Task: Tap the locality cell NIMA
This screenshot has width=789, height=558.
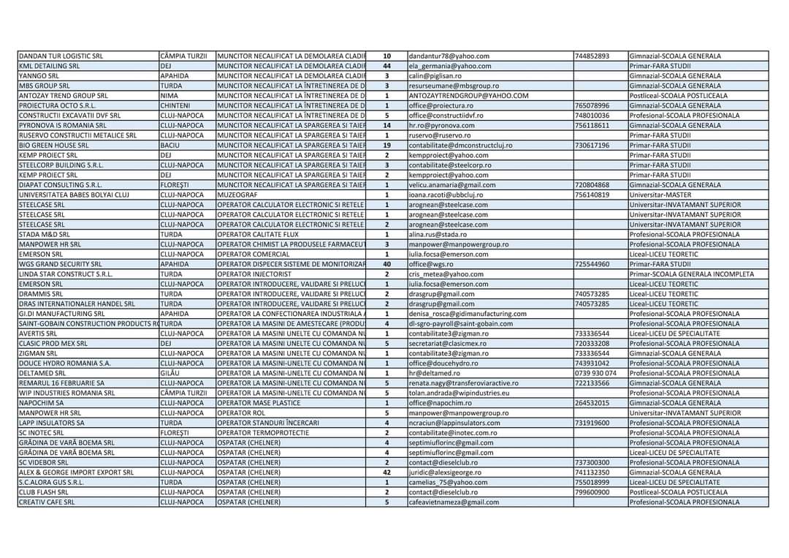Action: (x=169, y=95)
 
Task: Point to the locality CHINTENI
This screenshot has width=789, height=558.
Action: (x=175, y=105)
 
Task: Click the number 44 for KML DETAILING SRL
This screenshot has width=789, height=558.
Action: (x=386, y=66)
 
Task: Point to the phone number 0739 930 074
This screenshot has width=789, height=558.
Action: (x=595, y=372)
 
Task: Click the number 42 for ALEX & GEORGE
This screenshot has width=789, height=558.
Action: (x=386, y=472)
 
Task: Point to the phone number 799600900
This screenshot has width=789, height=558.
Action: (x=592, y=491)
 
